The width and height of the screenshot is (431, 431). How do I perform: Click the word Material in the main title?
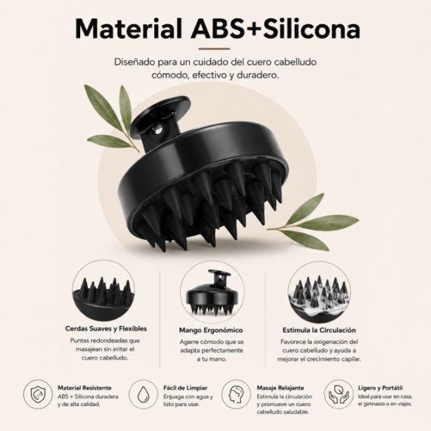tap(129, 29)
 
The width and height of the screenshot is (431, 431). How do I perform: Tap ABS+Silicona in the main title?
tap(275, 29)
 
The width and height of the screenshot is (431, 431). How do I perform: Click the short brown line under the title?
tap(214, 49)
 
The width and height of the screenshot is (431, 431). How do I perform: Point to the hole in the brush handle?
tap(159, 129)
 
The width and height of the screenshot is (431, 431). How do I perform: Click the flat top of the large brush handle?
tap(160, 109)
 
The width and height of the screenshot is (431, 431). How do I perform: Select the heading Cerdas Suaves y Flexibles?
tap(106, 328)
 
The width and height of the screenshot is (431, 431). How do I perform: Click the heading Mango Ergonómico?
tap(211, 330)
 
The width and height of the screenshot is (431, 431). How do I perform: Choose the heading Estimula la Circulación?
tap(319, 330)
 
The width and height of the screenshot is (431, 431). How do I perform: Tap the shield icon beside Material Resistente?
tap(38, 395)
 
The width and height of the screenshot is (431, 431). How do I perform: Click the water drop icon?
tap(143, 395)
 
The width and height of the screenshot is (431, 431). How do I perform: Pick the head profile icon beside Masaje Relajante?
tap(236, 395)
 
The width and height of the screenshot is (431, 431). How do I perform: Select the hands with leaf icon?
tap(339, 395)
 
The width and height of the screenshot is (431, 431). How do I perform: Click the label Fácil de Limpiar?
tap(185, 388)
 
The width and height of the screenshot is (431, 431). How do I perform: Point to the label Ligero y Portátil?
tap(380, 388)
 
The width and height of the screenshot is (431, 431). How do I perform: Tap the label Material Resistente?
tap(85, 388)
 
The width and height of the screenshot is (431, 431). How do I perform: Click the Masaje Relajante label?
tap(281, 388)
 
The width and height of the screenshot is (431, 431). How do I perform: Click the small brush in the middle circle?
tap(212, 293)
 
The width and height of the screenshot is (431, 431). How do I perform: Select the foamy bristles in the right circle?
tap(319, 295)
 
